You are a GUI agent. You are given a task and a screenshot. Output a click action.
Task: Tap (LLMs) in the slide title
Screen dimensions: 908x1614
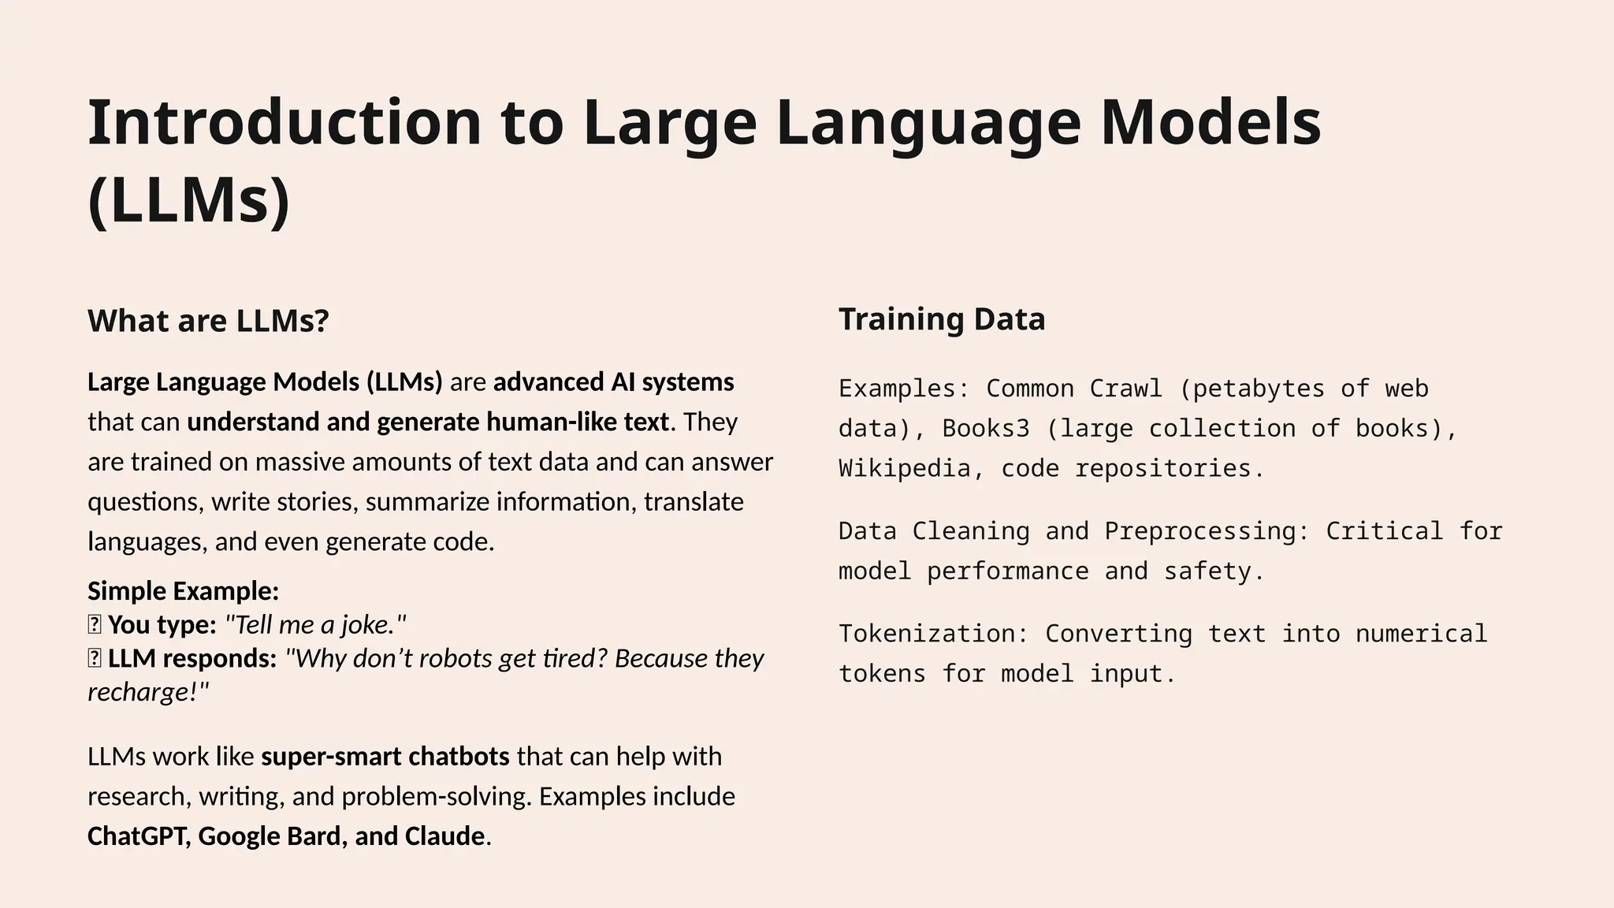[189, 201]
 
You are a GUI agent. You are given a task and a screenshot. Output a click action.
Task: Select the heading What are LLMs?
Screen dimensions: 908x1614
[208, 321]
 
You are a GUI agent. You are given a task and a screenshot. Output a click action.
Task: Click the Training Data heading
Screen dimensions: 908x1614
[942, 319]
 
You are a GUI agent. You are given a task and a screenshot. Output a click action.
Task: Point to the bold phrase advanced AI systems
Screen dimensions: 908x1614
[613, 382]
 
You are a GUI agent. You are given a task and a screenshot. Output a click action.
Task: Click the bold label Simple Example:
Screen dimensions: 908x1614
[183, 591]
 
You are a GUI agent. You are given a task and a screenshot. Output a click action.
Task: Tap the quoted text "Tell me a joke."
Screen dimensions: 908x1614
[315, 625]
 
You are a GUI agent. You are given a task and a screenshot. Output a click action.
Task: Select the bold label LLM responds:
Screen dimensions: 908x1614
[192, 658]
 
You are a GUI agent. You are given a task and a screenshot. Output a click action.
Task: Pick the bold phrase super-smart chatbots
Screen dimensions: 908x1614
[385, 757]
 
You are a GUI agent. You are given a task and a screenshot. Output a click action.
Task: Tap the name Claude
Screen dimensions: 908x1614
[444, 836]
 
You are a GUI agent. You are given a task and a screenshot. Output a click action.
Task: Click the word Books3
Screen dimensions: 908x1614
[986, 429]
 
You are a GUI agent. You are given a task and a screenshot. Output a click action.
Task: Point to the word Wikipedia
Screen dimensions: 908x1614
[904, 469]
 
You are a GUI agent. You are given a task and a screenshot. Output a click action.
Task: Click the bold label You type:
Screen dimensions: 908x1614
[162, 625]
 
